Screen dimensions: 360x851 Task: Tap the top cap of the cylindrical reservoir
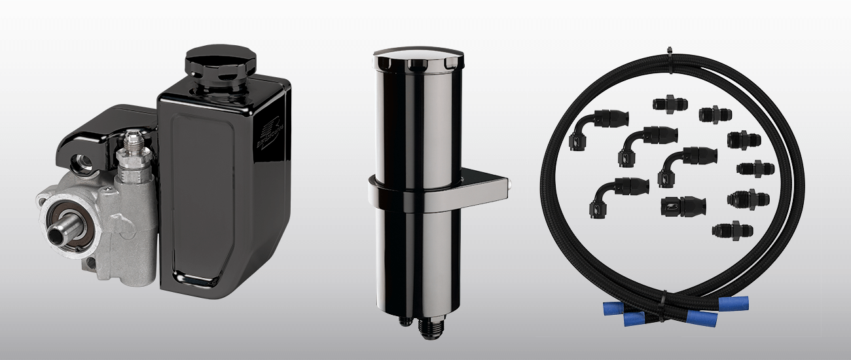(x=412, y=60)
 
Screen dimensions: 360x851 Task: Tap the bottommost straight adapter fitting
(x=733, y=230)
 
